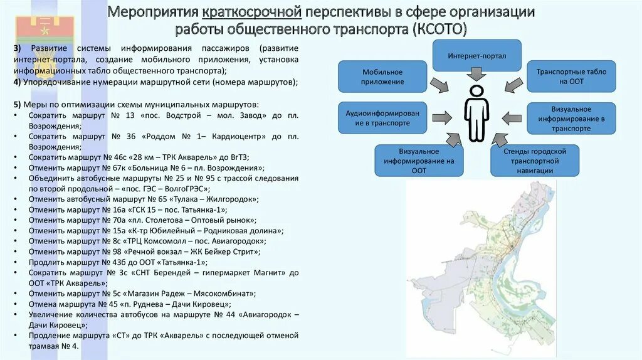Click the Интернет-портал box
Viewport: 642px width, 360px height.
pos(476,56)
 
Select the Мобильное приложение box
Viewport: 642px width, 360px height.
pos(382,77)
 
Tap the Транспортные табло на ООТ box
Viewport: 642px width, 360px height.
pos(571,77)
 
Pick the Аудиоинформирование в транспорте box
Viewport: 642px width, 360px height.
pos(382,118)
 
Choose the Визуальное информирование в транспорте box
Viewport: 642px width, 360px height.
pos(571,119)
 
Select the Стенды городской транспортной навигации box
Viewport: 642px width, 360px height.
pos(535,161)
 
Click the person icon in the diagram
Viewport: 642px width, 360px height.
pos(476,114)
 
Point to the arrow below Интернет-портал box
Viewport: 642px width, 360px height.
pos(476,73)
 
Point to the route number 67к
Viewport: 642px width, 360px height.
pos(113,168)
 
